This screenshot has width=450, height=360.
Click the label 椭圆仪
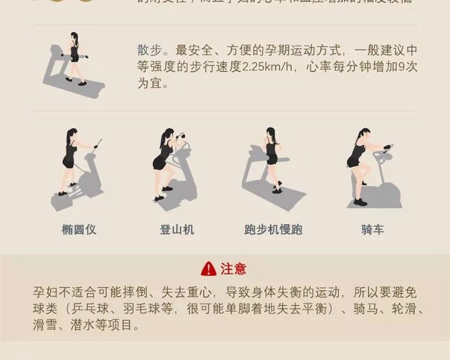(79, 229)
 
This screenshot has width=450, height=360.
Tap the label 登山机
(177, 229)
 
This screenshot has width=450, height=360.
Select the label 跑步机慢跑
(273, 229)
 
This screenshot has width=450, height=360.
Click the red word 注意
(233, 268)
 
